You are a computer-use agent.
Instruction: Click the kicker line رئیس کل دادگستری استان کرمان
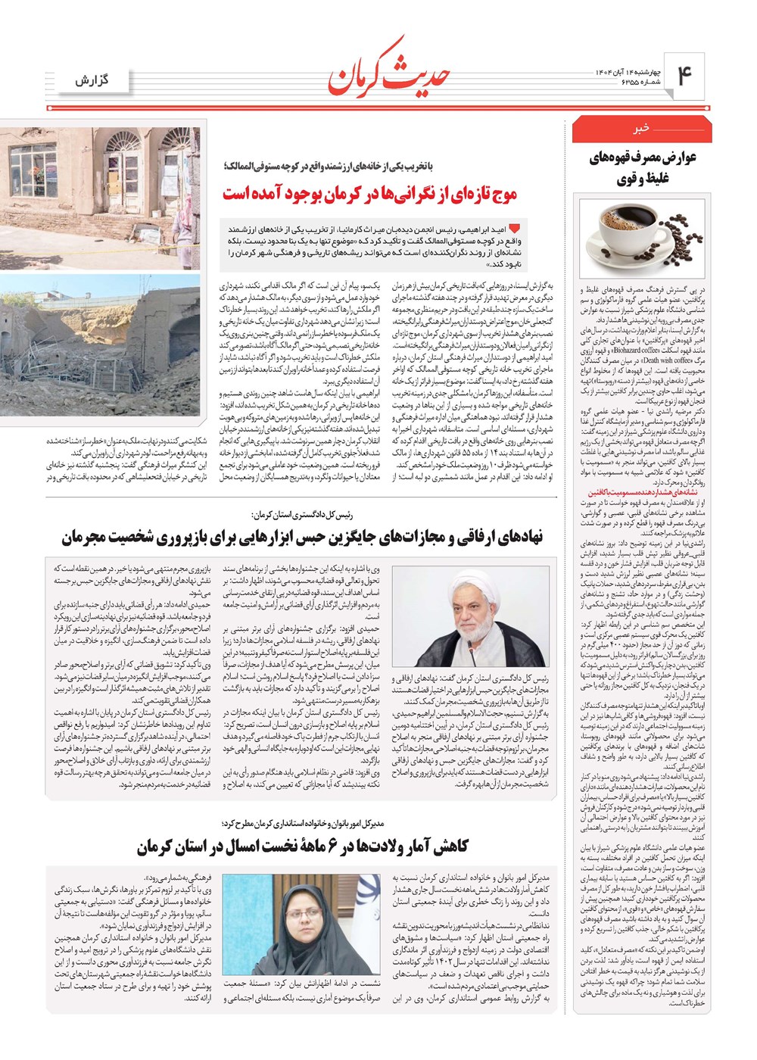(x=303, y=514)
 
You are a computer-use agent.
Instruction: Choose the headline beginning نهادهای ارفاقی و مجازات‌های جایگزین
(x=302, y=538)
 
